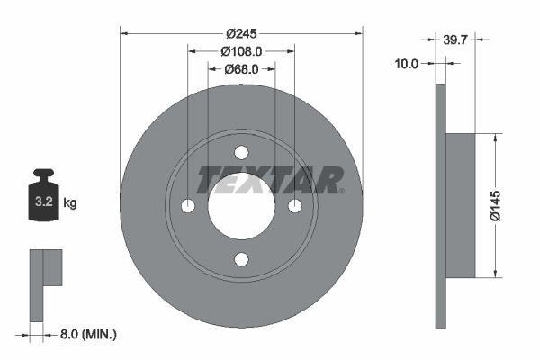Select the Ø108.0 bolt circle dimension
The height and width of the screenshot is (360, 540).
(241, 52)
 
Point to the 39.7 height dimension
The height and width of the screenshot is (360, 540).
(456, 39)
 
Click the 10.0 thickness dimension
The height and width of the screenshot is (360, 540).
(408, 63)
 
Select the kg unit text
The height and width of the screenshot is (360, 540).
(70, 203)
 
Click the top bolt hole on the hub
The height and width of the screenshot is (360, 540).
(241, 153)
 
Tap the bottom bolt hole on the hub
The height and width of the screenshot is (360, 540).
(241, 260)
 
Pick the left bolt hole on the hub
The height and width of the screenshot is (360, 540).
(187, 206)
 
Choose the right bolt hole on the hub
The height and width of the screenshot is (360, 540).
(294, 206)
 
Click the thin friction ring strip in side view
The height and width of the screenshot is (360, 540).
(440, 206)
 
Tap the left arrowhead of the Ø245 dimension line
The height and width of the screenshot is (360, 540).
(124, 33)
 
